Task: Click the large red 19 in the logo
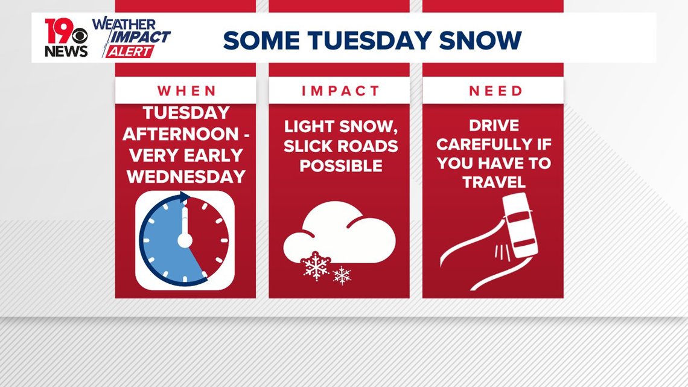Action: point(59,31)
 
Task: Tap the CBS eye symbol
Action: point(80,36)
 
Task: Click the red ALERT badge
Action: point(129,51)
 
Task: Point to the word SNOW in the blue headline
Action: point(480,40)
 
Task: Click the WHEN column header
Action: point(187,91)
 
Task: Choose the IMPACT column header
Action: point(340,91)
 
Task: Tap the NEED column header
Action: point(496,91)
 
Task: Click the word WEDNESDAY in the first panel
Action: point(186,176)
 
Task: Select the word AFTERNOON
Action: point(181,134)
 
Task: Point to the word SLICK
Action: point(305,146)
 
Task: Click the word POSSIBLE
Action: point(341,166)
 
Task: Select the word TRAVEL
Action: point(494,182)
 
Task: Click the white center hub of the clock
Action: point(185,240)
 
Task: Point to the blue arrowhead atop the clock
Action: point(185,197)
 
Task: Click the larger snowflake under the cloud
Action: point(316,266)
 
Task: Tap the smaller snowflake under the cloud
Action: point(342,275)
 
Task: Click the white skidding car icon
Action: point(520,226)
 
